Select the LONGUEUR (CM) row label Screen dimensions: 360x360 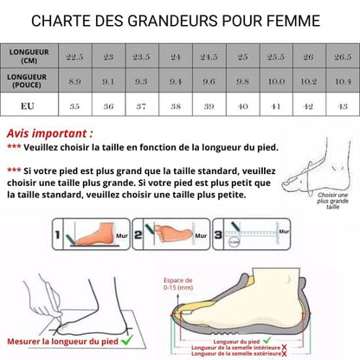(x=29, y=55)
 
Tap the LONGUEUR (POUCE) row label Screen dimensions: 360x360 (x=29, y=80)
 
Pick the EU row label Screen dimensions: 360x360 (x=29, y=106)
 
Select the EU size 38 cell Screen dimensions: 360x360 (x=176, y=106)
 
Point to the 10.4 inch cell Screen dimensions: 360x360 (x=342, y=80)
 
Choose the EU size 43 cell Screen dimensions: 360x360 (x=342, y=106)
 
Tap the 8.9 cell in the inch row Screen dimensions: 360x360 (x=75, y=80)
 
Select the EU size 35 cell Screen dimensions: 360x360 (x=75, y=106)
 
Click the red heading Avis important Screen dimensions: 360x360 (x=49, y=134)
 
